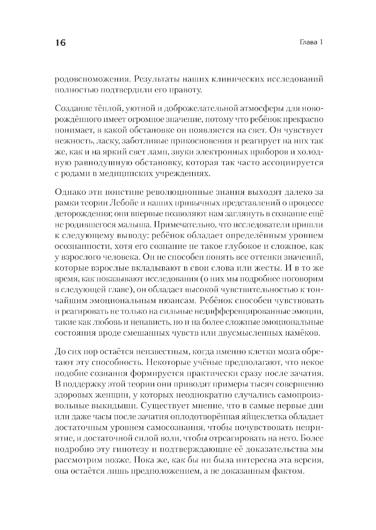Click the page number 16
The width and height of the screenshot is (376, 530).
click(60, 42)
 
